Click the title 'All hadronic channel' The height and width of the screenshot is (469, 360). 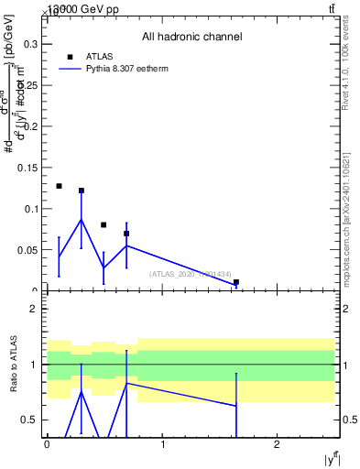(x=191, y=38)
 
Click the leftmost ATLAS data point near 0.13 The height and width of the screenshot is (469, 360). (x=59, y=186)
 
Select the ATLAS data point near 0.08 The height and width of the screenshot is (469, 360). (x=104, y=224)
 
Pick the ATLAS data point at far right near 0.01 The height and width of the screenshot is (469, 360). (x=236, y=282)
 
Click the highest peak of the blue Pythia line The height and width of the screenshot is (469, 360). (x=82, y=219)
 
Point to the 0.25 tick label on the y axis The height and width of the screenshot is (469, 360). (x=28, y=84)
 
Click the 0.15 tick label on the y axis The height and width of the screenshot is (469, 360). (x=28, y=167)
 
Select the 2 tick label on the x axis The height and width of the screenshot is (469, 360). (x=277, y=444)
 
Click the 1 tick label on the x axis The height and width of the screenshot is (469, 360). (x=162, y=444)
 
